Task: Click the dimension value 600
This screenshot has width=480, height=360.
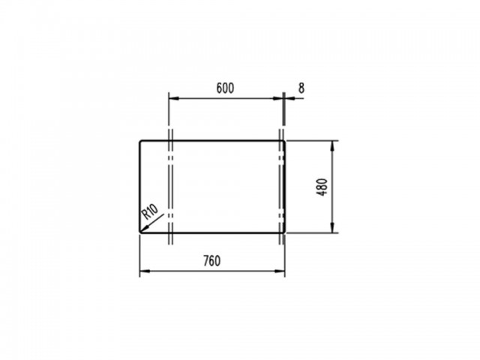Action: tap(225, 88)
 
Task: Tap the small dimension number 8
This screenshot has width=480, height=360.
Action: tap(301, 88)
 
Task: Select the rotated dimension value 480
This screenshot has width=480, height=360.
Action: tap(322, 187)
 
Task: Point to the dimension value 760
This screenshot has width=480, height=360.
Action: tap(211, 261)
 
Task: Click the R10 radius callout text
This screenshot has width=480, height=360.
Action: tap(150, 211)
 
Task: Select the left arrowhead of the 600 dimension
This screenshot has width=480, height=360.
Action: tap(173, 98)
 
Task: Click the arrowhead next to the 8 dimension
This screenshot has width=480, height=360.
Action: tap(289, 98)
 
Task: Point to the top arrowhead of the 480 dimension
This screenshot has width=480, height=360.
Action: tap(333, 145)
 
